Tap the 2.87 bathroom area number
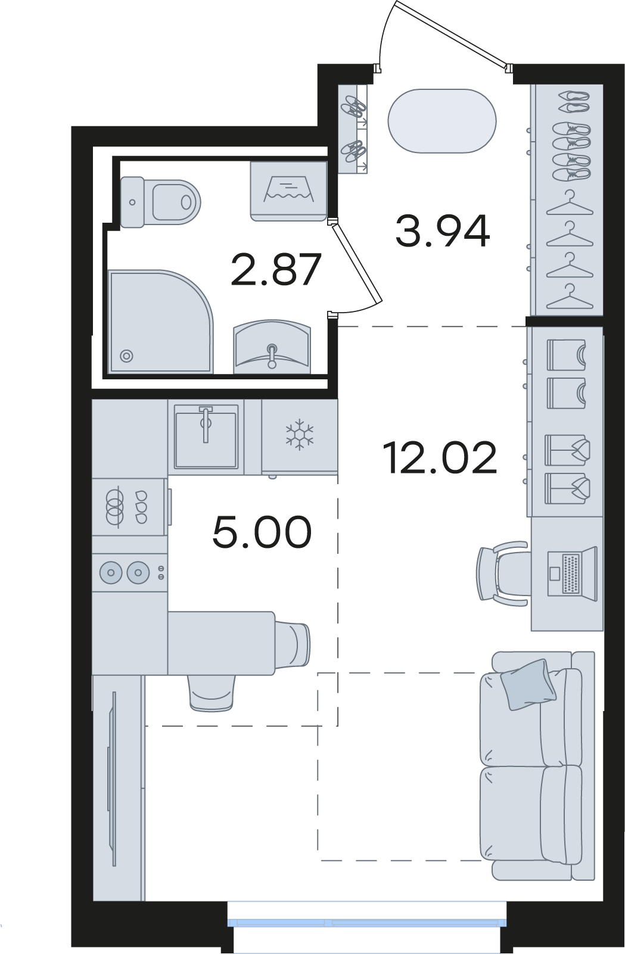275,269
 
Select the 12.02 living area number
440,457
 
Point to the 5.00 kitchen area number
262,532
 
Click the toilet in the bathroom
160,202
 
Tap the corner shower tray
161,321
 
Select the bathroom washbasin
272,346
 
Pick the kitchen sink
206,436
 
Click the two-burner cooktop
129,572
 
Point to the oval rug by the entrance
442,120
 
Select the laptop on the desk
572,573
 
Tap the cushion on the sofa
528,684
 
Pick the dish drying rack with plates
129,507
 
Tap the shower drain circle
126,356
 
